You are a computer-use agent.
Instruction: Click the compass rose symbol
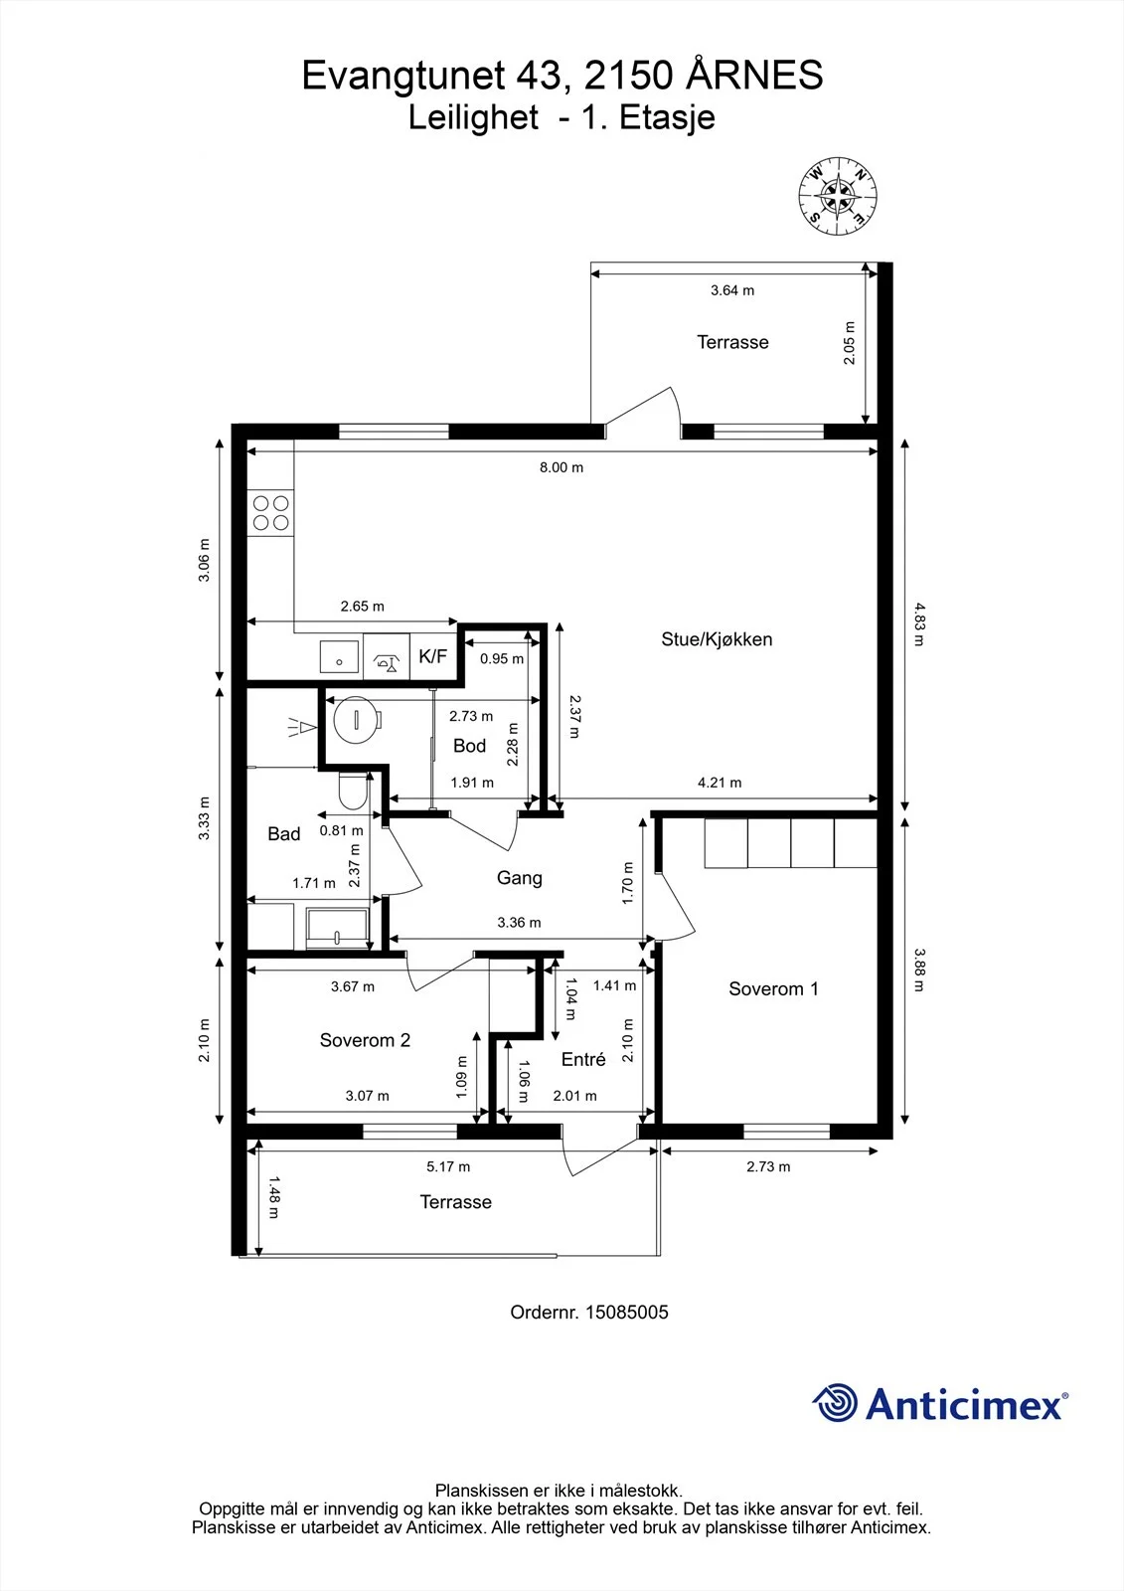click(x=838, y=195)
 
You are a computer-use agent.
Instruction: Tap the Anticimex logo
click(x=940, y=1403)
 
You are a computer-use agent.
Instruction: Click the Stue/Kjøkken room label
click(x=717, y=639)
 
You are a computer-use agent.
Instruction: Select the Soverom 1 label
click(x=773, y=988)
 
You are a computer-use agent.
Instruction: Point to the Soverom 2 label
click(x=365, y=1040)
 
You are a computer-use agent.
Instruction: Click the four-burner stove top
click(x=270, y=513)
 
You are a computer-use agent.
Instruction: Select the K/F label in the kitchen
click(x=433, y=655)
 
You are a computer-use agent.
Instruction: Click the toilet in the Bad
click(x=354, y=790)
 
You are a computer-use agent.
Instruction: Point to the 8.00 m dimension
click(x=562, y=467)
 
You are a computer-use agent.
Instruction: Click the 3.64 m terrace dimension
click(x=732, y=290)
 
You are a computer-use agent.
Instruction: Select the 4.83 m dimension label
click(x=919, y=624)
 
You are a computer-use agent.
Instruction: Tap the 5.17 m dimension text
click(x=448, y=1166)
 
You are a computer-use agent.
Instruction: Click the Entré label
click(x=583, y=1059)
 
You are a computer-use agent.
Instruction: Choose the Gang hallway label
click(x=519, y=879)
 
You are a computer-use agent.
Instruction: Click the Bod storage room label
click(x=469, y=746)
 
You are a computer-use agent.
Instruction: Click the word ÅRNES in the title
click(x=754, y=76)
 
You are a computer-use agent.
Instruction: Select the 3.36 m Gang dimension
click(x=519, y=923)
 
